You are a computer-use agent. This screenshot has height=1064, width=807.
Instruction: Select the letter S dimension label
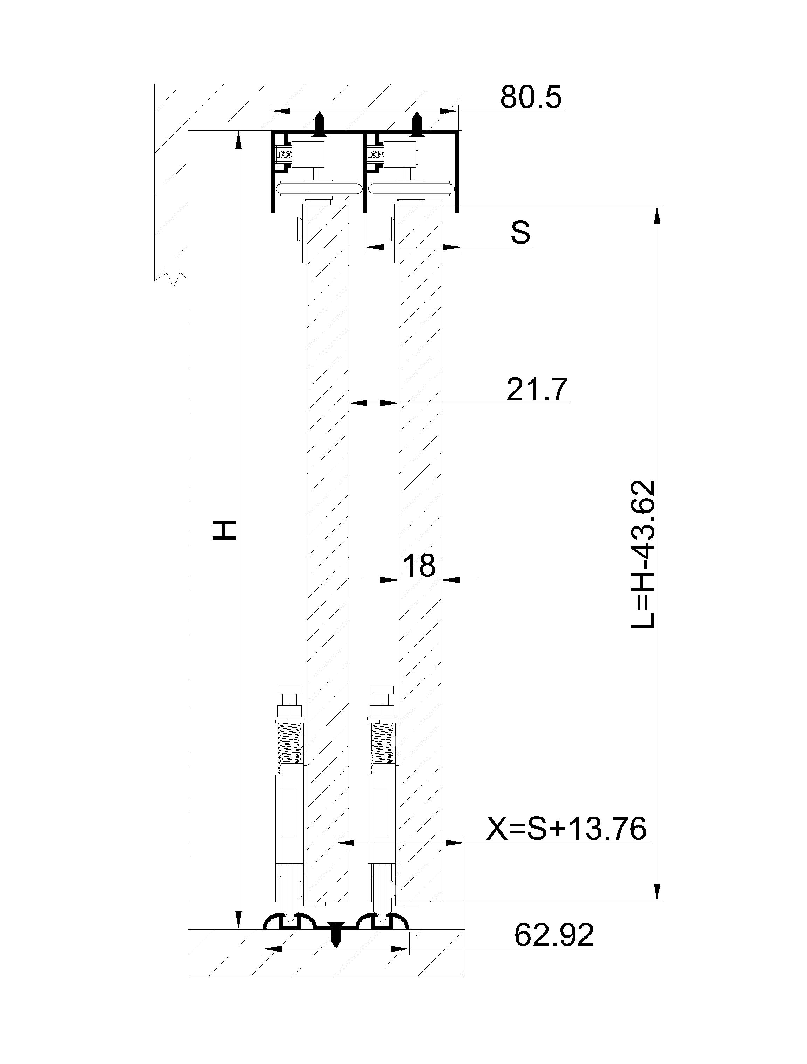click(520, 233)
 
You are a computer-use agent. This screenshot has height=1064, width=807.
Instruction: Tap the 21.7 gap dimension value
click(537, 389)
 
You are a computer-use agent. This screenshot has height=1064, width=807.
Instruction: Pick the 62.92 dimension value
click(554, 935)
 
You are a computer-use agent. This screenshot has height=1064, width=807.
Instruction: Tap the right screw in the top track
click(418, 125)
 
